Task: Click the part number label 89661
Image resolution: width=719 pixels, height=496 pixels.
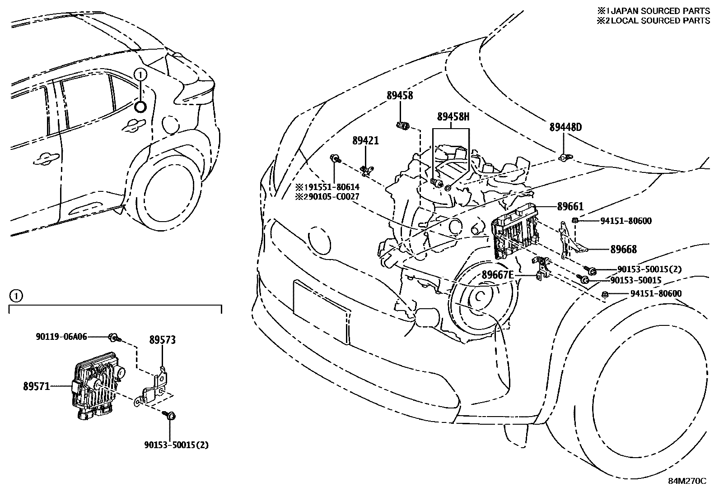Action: tap(570, 207)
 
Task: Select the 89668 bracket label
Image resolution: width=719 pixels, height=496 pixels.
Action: tap(623, 249)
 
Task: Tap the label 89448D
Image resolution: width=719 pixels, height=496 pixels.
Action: tap(565, 128)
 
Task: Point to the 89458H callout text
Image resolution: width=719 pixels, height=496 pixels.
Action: tap(453, 117)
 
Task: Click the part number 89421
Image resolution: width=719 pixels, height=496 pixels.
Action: tap(365, 141)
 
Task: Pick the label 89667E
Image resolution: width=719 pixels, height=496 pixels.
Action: tap(498, 275)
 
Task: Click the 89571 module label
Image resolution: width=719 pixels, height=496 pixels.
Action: tap(37, 386)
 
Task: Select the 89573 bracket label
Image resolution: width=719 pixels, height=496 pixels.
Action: tap(163, 340)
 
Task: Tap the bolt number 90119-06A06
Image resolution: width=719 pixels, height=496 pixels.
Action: tap(61, 336)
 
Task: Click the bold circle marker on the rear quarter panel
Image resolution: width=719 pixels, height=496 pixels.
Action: tap(140, 107)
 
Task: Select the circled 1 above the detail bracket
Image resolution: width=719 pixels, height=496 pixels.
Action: tap(15, 297)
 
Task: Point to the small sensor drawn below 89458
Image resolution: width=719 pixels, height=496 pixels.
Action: tap(402, 126)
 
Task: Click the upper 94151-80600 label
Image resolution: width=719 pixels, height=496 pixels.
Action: tap(626, 221)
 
